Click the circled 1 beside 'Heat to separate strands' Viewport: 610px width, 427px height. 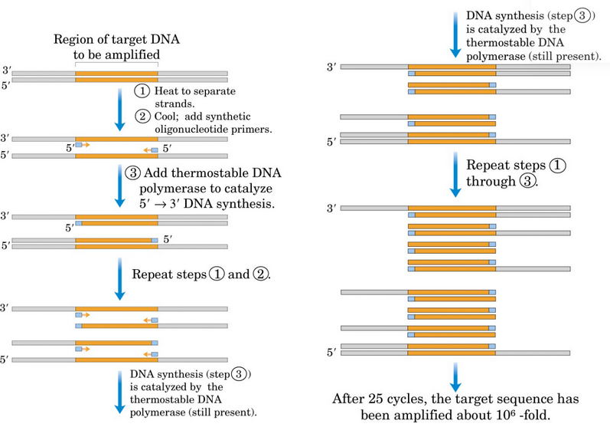141,90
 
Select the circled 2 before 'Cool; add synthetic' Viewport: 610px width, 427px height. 141,117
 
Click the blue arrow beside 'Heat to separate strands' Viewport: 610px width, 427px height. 119,107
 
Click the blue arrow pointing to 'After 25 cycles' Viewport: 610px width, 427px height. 455,374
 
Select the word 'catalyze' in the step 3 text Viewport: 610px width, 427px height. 245,188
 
